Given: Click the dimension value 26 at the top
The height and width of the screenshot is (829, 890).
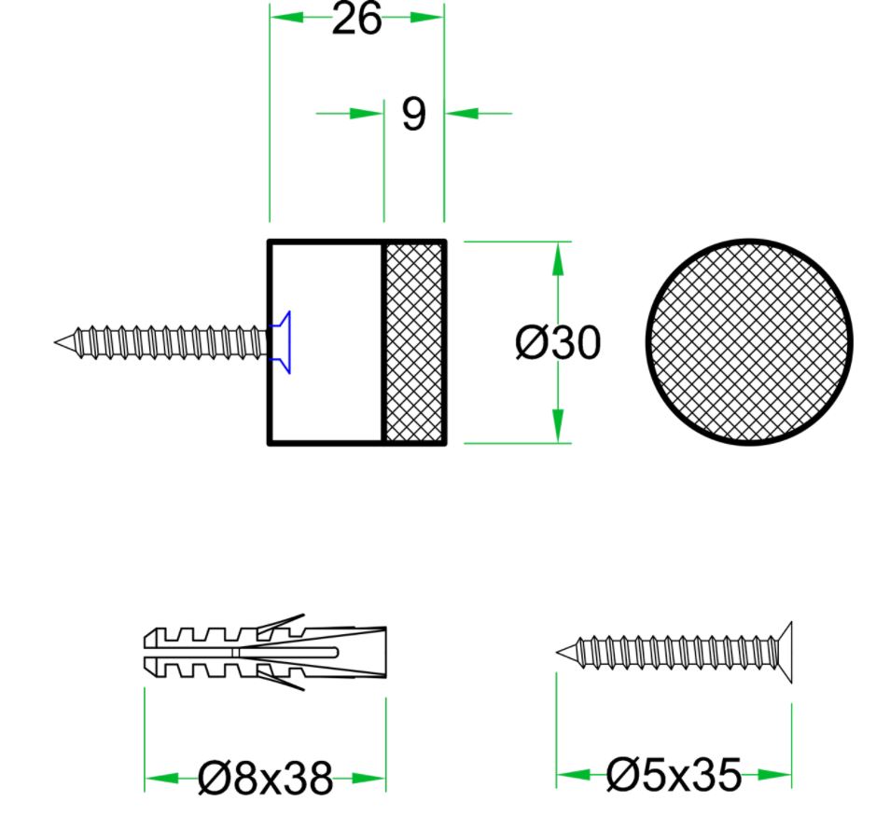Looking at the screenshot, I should (x=356, y=19).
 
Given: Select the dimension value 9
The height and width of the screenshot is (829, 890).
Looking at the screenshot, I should (x=413, y=114).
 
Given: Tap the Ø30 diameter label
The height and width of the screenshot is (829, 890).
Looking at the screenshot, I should (x=558, y=344).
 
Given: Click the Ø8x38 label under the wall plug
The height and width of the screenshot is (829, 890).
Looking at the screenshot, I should (x=266, y=778).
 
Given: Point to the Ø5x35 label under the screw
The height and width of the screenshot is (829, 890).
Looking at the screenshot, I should (x=674, y=774).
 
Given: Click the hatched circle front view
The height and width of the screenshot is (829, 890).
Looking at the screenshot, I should (x=749, y=342).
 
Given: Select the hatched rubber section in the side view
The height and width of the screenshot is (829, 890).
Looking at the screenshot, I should (x=413, y=342).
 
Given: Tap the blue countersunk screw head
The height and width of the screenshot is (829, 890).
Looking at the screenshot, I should (x=281, y=342).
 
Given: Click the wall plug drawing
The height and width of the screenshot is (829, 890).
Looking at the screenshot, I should (x=266, y=651).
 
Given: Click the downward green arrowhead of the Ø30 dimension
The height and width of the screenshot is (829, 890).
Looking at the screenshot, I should (x=558, y=426).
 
